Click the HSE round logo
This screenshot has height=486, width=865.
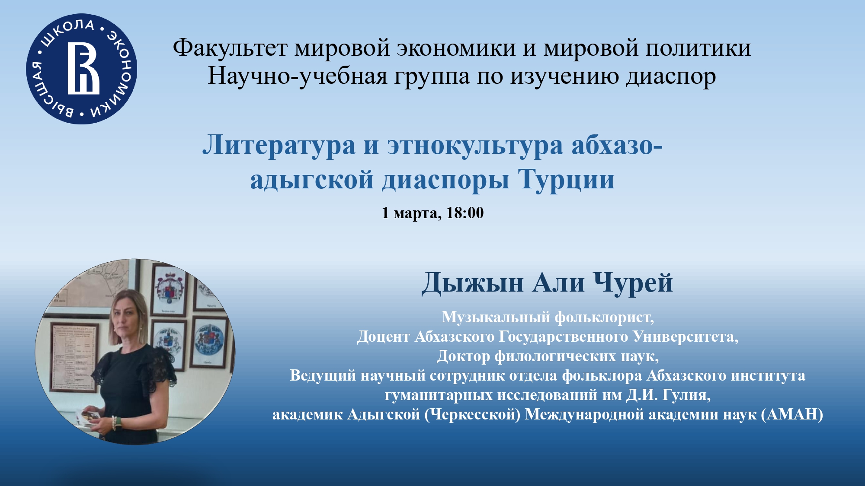82,69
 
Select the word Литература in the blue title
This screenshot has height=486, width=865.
279,146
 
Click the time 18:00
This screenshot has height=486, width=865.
465,213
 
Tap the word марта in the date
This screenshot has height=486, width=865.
417,213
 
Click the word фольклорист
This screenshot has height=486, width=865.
604,318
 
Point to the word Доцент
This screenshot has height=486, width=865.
383,337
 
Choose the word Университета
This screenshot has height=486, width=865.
686,337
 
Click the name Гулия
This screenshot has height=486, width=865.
687,395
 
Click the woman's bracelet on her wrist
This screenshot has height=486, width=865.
114,423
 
